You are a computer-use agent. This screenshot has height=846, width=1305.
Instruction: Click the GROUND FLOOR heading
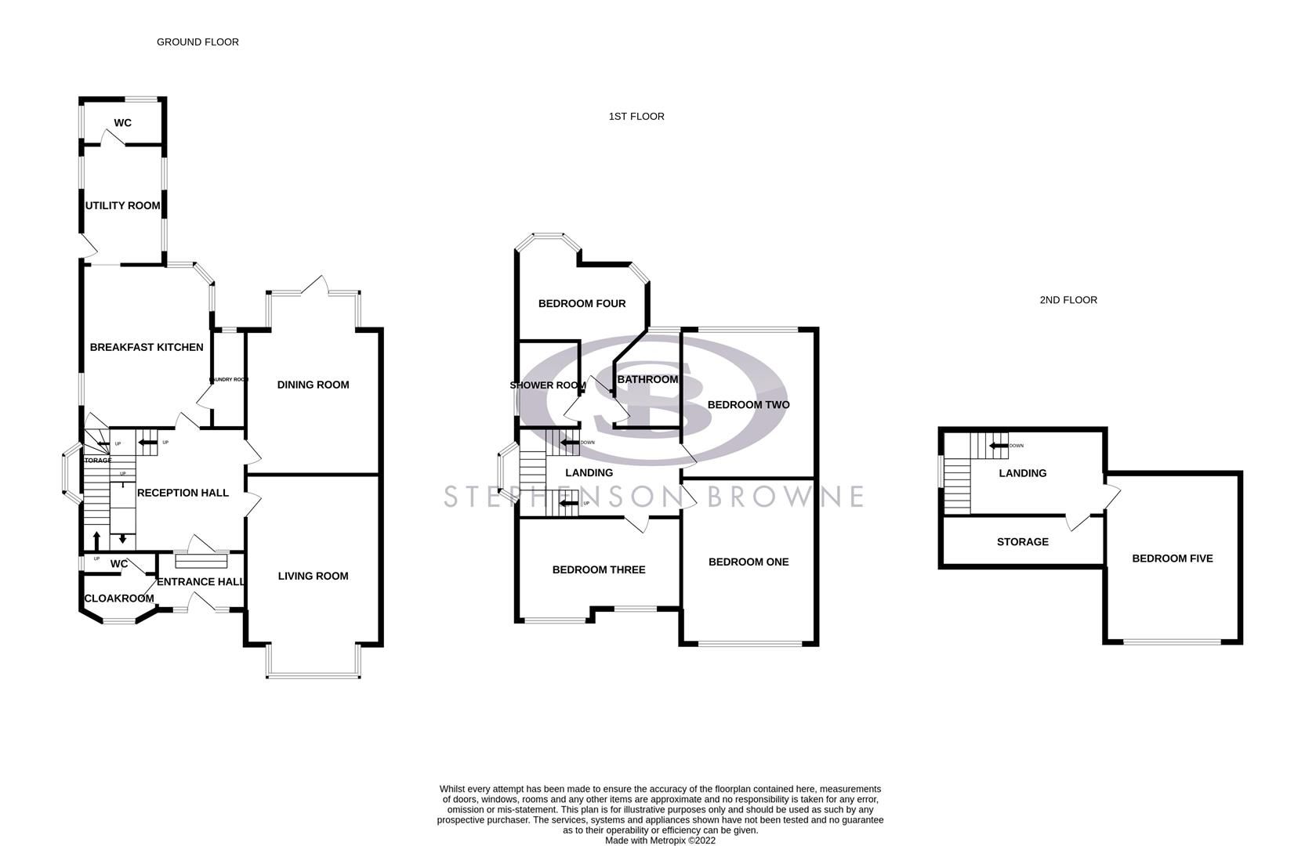(x=198, y=42)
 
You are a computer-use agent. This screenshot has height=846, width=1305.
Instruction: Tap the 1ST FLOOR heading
(x=636, y=116)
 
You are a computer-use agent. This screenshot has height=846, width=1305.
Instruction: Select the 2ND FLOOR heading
(x=1068, y=299)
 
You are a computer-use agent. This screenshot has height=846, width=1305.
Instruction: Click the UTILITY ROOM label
(x=122, y=205)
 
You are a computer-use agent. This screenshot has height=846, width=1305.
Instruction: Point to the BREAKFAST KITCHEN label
(x=147, y=347)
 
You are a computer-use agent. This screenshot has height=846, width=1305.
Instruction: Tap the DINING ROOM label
(x=313, y=385)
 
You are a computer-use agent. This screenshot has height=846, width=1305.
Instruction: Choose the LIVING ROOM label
(x=313, y=576)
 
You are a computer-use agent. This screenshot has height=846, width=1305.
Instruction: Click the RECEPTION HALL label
(x=183, y=493)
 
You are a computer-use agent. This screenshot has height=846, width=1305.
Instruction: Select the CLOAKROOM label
(x=119, y=598)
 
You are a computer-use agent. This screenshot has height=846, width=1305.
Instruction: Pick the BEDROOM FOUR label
(x=582, y=303)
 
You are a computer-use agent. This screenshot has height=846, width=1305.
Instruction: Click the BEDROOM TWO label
(x=749, y=405)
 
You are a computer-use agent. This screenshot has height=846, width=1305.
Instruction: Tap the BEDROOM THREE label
(x=599, y=569)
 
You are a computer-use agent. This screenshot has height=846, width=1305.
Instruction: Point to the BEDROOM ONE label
(x=749, y=562)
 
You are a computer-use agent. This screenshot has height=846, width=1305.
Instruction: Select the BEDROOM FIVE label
(x=1172, y=559)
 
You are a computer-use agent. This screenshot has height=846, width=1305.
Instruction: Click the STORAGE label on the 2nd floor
(x=1022, y=541)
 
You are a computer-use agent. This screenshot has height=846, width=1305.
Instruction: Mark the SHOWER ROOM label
(x=548, y=385)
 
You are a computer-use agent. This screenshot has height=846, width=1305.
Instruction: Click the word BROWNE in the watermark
(x=785, y=496)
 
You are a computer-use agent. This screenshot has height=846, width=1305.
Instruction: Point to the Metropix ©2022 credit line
(x=660, y=841)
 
